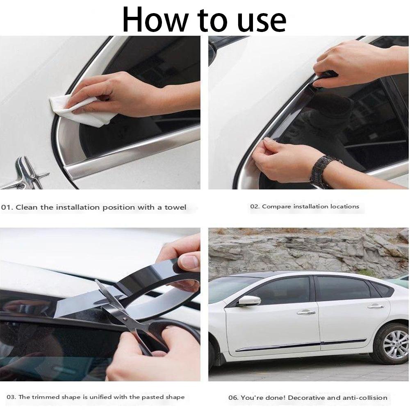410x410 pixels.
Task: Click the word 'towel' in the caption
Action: (175, 207)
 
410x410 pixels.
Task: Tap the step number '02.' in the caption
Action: (255, 207)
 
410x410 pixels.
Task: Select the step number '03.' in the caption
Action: (11, 397)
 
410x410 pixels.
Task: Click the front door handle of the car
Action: (306, 312)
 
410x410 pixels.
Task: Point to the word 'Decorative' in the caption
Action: (304, 398)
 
